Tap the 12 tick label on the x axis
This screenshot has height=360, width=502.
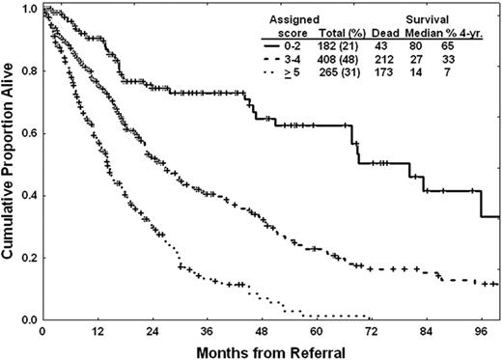[97, 332]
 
